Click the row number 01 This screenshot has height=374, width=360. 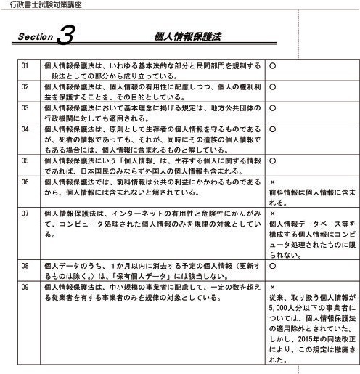[25, 65]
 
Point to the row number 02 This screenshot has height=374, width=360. [25, 86]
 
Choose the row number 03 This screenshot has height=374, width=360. [25, 107]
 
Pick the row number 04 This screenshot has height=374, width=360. [25, 129]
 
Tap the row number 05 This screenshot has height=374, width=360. [25, 160]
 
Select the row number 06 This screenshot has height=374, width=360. [25, 182]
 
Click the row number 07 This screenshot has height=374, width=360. [25, 214]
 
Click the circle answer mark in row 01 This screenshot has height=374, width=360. [272, 65]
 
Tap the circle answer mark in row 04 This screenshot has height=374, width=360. [272, 129]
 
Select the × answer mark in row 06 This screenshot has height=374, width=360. [271, 182]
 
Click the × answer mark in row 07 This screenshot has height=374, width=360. [271, 214]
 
